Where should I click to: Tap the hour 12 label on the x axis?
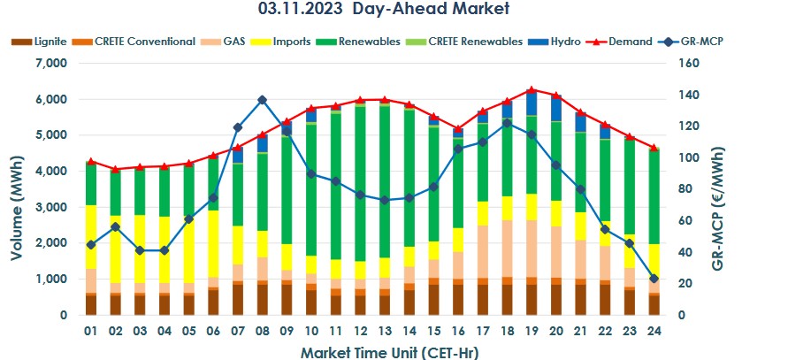[x=358, y=331]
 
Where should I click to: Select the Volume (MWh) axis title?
[x=17, y=189]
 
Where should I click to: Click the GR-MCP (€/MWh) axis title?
[x=767, y=189]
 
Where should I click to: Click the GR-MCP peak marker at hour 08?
[x=262, y=100]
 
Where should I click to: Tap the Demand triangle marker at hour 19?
[x=531, y=90]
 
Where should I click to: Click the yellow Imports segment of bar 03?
[x=140, y=249]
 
